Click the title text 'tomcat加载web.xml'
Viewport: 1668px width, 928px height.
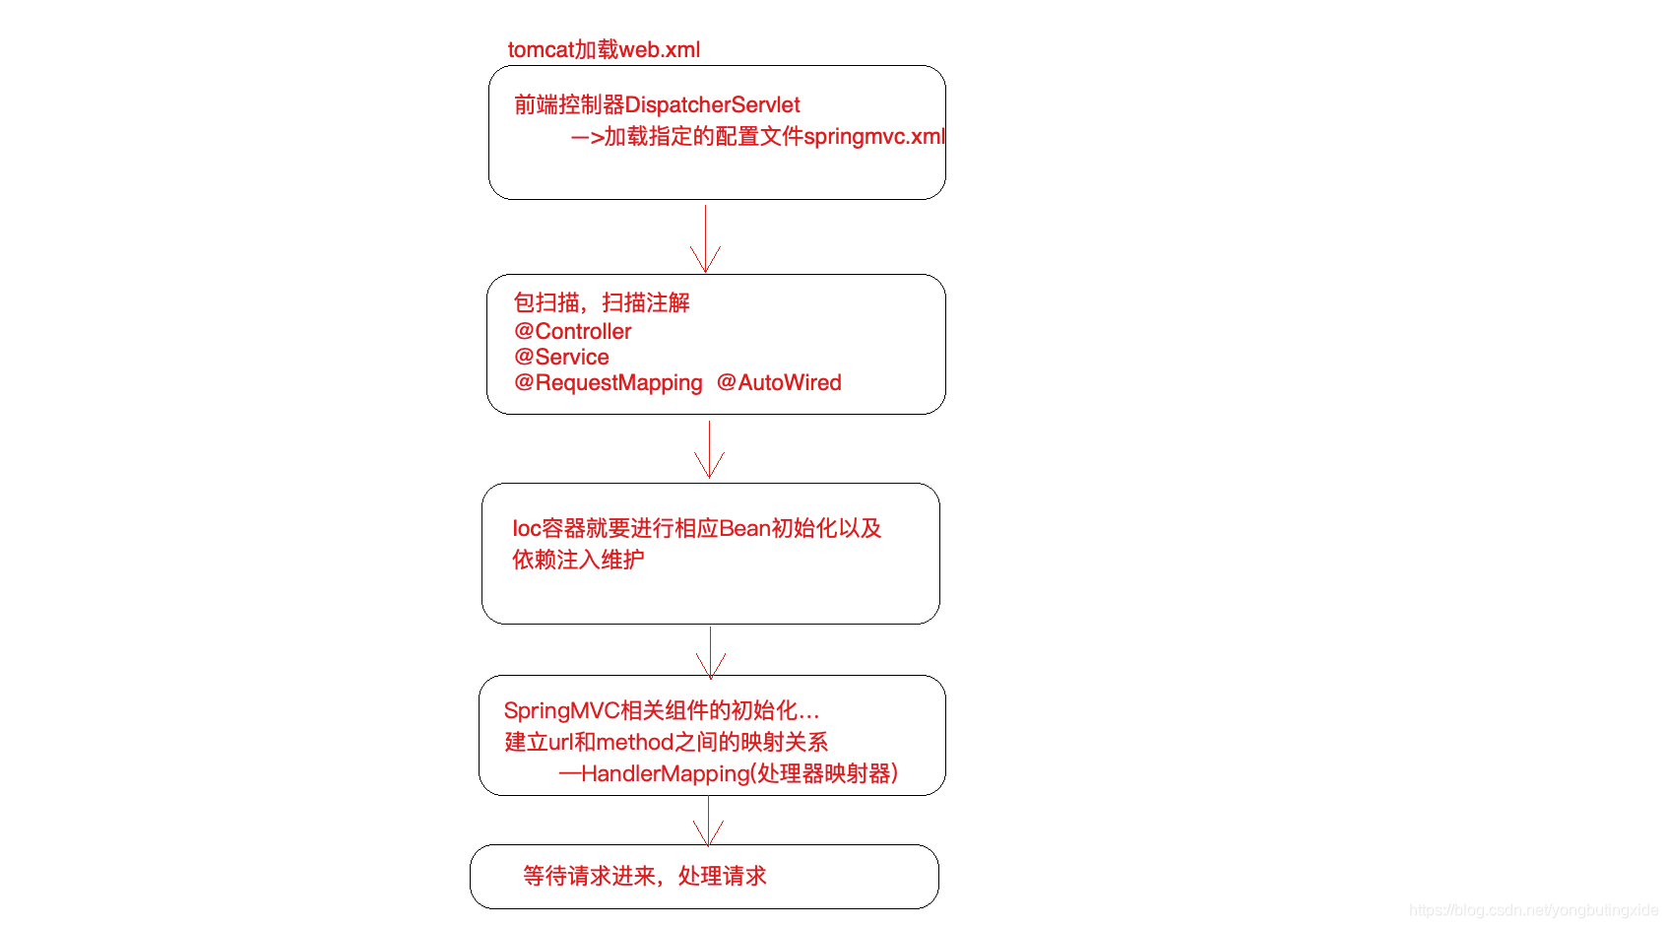click(604, 49)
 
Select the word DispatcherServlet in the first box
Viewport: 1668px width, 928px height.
click(712, 104)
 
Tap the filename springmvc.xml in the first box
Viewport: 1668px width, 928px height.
click(873, 136)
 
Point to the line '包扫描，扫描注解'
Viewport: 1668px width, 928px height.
click(602, 302)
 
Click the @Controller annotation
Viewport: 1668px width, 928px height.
click(572, 331)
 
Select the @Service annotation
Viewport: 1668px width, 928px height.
click(561, 357)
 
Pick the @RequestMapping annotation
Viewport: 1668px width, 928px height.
click(609, 382)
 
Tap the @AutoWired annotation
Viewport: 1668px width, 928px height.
click(779, 382)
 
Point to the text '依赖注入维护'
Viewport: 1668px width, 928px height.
click(578, 560)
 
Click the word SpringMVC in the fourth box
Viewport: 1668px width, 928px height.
click(561, 710)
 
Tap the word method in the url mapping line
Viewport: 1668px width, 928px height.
click(634, 742)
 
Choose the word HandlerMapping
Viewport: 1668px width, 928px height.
click(665, 773)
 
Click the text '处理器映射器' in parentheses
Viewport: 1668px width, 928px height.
click(823, 773)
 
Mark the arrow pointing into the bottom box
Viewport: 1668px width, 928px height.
click(708, 822)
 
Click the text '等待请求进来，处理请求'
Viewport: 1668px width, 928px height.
click(644, 876)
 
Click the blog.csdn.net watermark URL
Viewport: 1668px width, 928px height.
click(1533, 910)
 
